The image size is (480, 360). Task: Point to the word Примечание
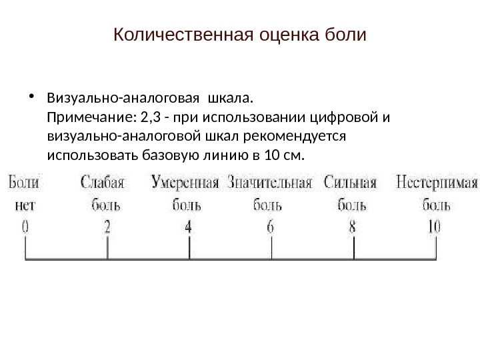(x=89, y=118)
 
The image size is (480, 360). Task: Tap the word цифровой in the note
(x=349, y=118)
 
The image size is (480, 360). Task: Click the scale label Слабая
(x=106, y=182)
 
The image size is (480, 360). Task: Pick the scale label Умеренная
(x=186, y=182)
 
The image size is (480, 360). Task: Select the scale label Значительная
(x=270, y=182)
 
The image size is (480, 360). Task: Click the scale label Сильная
(x=351, y=182)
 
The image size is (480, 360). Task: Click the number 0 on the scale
(x=25, y=227)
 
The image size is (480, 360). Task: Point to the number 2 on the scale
(x=107, y=227)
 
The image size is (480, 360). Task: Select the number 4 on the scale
(x=189, y=227)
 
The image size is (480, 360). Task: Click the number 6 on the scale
(x=271, y=227)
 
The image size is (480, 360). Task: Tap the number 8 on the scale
(x=353, y=227)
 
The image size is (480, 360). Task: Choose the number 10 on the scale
(x=433, y=227)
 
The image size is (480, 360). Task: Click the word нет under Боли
(x=23, y=205)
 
